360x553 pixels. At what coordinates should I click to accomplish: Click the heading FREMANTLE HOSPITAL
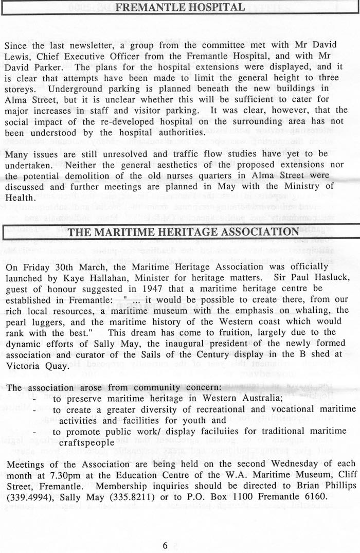(x=179, y=7)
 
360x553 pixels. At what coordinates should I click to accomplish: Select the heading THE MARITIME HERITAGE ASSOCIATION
(x=183, y=232)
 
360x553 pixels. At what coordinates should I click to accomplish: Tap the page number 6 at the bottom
(x=166, y=546)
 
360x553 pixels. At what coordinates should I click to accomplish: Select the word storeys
(x=22, y=88)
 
